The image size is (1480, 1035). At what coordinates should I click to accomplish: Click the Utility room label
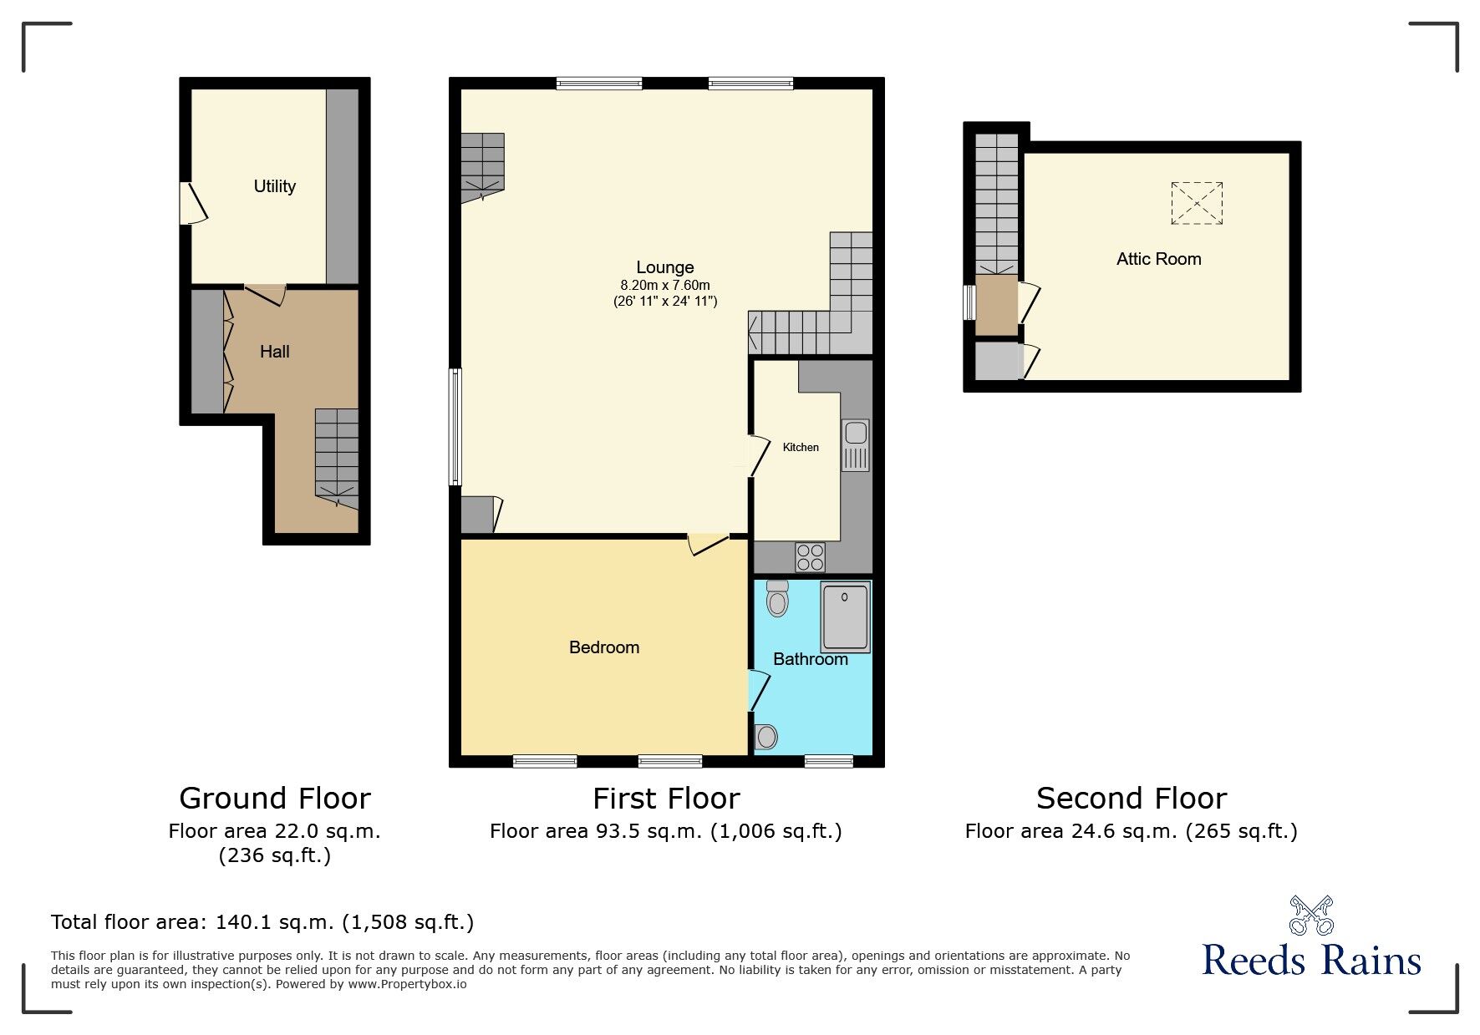(274, 186)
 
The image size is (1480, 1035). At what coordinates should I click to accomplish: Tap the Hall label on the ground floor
(274, 352)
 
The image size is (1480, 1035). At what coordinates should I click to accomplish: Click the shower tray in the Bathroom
(845, 617)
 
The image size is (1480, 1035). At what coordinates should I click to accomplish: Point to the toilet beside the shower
(777, 598)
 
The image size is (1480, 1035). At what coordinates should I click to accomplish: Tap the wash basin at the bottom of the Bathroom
(766, 736)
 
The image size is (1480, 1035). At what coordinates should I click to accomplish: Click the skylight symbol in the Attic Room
(1197, 203)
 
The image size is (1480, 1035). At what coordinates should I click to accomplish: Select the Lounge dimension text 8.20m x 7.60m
(665, 286)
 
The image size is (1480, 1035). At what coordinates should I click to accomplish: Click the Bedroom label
(603, 647)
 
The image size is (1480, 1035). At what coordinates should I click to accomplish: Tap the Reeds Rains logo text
(1311, 961)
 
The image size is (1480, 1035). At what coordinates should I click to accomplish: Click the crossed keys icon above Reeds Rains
(1311, 915)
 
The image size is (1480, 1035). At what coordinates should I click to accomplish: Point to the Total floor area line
(262, 922)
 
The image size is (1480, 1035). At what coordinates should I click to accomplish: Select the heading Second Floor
(1131, 799)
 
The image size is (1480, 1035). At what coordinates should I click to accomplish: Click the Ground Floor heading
(274, 799)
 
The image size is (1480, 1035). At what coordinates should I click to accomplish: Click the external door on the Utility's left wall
(192, 203)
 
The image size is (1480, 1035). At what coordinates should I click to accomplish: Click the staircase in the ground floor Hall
(337, 456)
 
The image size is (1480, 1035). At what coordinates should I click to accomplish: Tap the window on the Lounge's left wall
(455, 427)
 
